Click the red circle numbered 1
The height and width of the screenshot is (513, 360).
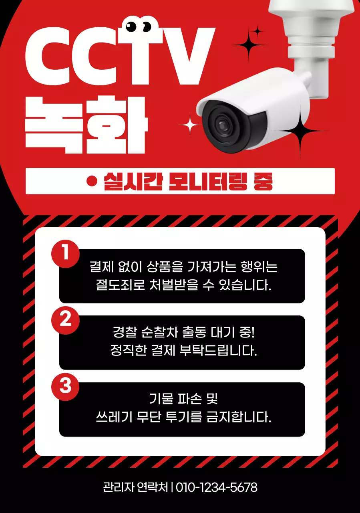click(66, 253)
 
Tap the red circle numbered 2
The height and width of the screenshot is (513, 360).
click(66, 319)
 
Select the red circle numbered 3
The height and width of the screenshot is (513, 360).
click(66, 386)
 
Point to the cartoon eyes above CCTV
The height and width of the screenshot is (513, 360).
click(139, 26)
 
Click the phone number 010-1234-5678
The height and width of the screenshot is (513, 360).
click(217, 487)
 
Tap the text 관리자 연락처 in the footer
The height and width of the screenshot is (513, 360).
click(135, 487)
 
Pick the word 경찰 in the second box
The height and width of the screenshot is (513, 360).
click(125, 332)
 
